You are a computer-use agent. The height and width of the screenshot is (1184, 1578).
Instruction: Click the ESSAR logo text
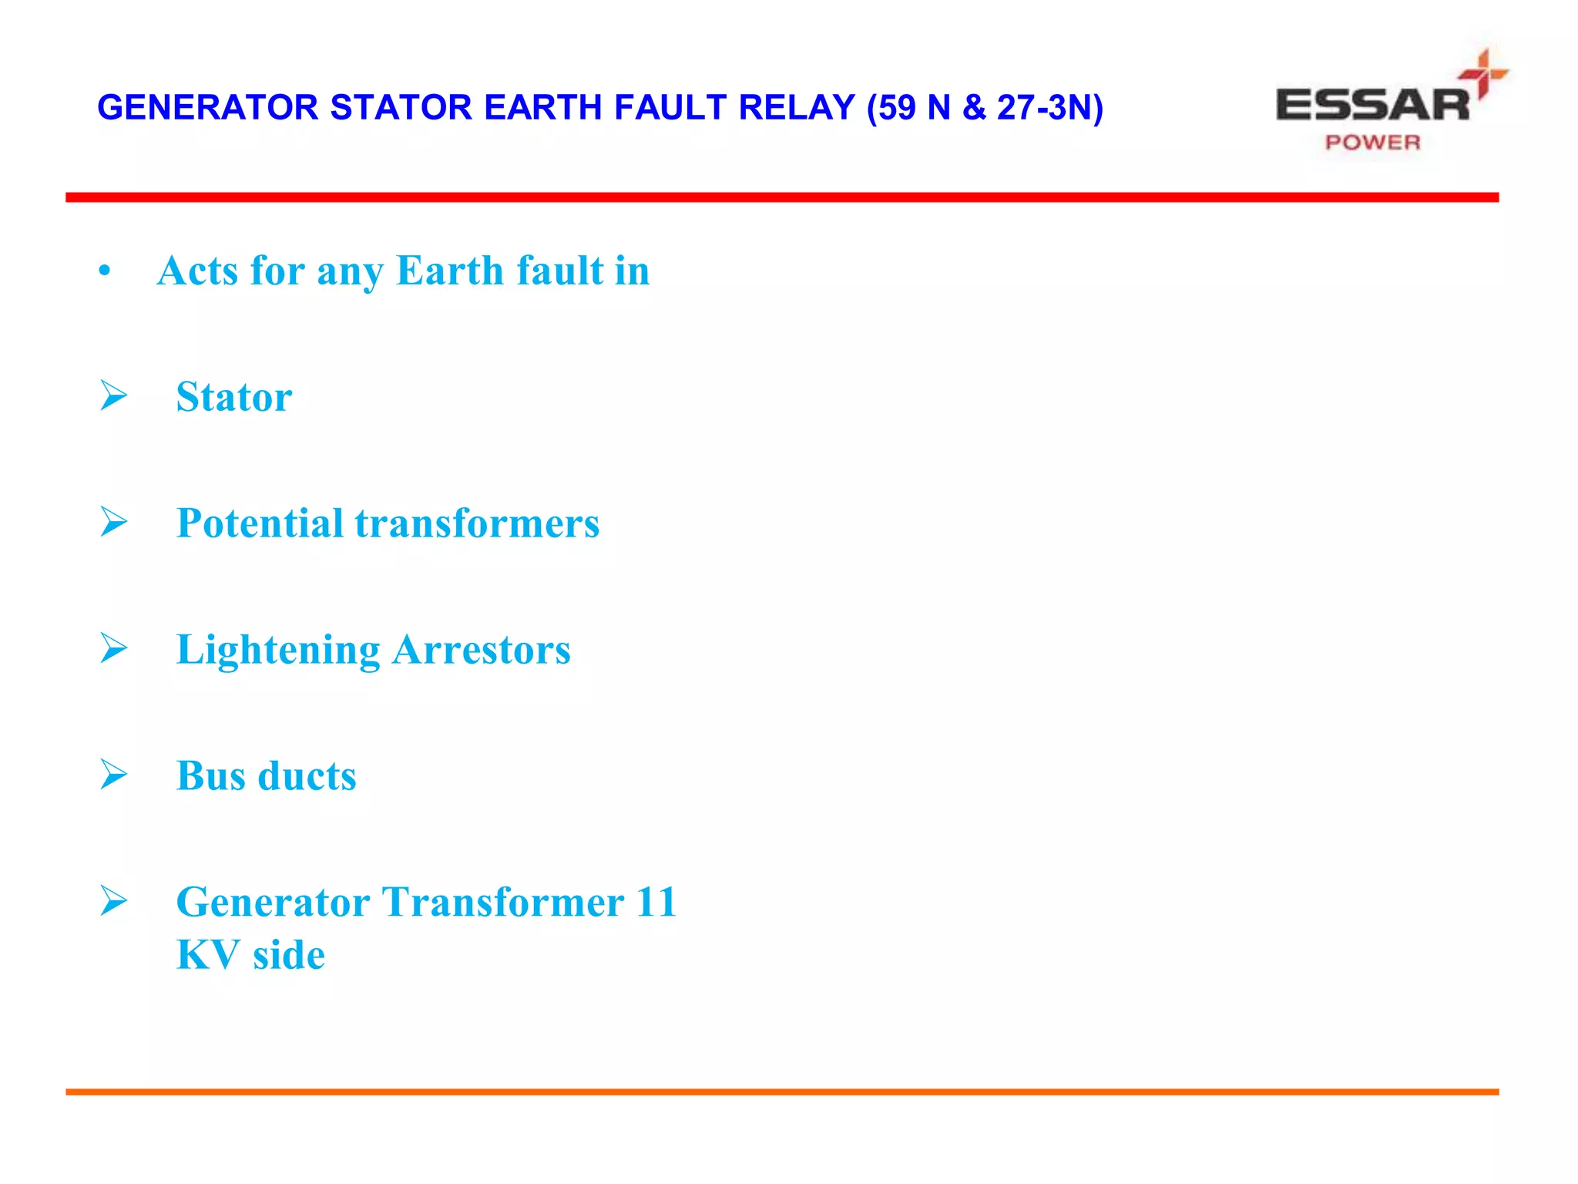coord(1372,106)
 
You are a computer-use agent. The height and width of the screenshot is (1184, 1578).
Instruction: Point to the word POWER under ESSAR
coord(1372,143)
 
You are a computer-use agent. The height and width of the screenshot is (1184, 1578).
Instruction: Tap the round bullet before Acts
coord(105,271)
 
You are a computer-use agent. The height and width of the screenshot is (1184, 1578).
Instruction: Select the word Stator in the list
coord(234,397)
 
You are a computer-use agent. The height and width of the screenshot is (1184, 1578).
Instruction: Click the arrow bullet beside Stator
coord(114,395)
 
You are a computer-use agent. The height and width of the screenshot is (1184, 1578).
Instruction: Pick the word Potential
coord(260,523)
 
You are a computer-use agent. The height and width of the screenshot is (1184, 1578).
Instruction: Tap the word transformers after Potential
coord(477,523)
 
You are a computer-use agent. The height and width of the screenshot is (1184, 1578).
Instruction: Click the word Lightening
coord(278,650)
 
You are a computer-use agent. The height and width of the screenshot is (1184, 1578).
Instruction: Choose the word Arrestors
coord(482,650)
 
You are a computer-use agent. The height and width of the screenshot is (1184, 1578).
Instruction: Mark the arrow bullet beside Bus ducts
coord(114,774)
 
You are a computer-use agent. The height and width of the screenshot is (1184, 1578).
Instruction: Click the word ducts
coord(307,776)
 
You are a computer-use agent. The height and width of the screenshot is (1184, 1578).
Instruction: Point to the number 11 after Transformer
coord(656,902)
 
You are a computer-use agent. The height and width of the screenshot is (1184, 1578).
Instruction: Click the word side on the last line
coord(289,955)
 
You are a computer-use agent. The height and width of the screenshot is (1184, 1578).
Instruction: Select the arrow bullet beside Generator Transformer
coord(114,900)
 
